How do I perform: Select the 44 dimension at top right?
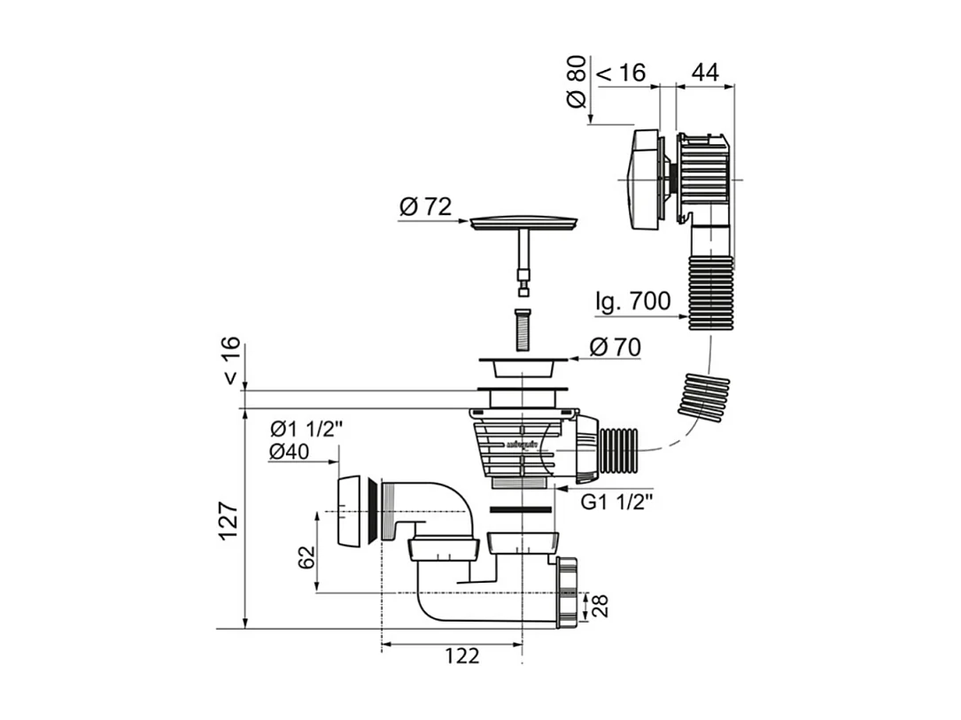[x=704, y=73]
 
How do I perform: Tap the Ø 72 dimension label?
[x=425, y=207]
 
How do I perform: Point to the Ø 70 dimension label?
[x=614, y=347]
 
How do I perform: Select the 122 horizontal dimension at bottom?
[x=461, y=656]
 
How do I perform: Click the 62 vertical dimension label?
[x=306, y=557]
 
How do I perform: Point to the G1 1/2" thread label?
[x=617, y=501]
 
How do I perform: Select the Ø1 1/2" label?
[x=306, y=429]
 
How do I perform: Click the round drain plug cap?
[x=524, y=221]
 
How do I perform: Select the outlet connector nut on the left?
[x=355, y=512]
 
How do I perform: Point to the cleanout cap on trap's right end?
[x=567, y=592]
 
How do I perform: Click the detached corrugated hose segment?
[x=704, y=396]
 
